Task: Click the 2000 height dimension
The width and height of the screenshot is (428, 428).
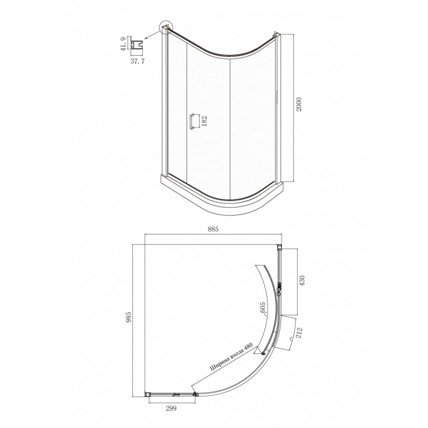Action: coord(299,104)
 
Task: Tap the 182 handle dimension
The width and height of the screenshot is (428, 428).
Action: coord(204,121)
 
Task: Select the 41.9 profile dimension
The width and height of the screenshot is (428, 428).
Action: coord(123,44)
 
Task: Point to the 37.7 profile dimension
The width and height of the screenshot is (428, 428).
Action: coord(137,61)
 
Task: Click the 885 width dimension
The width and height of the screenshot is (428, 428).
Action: coord(213,230)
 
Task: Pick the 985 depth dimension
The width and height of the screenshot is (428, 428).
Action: coord(129,317)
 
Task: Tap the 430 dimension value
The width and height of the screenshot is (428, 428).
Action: coord(302,281)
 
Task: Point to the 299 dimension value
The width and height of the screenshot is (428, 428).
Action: coord(171,409)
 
